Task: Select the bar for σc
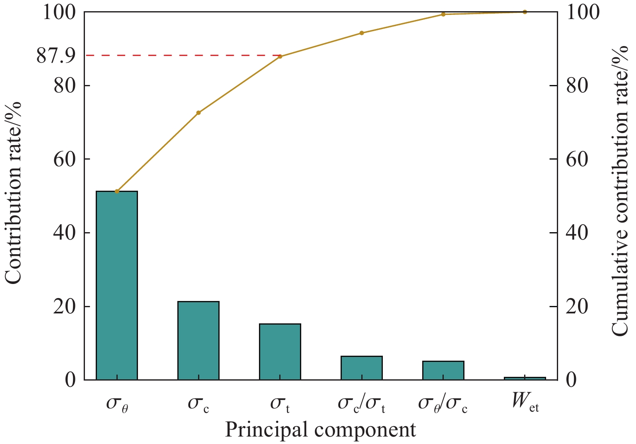198,340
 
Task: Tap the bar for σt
280,352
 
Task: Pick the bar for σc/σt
361,368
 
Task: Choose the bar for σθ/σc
443,370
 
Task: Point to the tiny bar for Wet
525,378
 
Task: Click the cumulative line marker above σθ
117,191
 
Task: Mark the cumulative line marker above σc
198,113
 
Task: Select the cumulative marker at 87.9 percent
280,56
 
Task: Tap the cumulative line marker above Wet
525,12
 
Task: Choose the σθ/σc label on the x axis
443,403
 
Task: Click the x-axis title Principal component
320,430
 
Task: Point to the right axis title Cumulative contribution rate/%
620,191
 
